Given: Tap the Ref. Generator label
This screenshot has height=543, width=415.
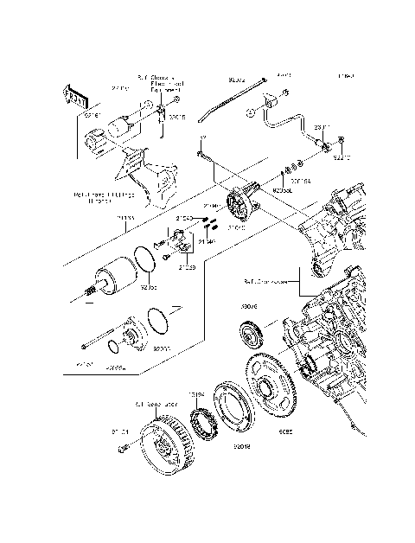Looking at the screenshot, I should pyautogui.click(x=156, y=404).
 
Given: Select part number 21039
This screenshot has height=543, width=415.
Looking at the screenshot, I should pyautogui.click(x=188, y=268).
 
